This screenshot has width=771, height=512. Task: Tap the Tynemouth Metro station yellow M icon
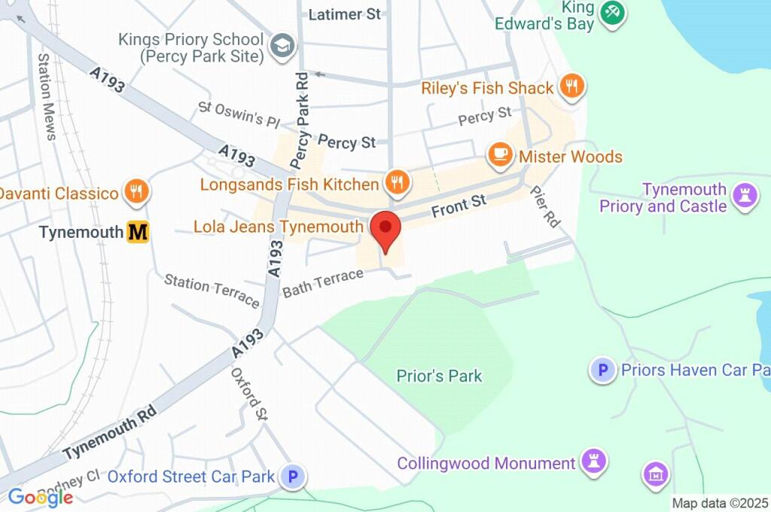(138, 233)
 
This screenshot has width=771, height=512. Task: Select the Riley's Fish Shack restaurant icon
(572, 87)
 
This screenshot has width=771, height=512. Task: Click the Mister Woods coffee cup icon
(498, 155)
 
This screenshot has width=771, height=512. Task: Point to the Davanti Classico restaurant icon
(136, 192)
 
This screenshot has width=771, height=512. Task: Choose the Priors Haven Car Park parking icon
(602, 369)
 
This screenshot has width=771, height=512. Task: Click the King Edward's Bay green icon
(612, 11)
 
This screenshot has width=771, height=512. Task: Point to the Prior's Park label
(439, 376)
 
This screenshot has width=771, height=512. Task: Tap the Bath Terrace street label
(323, 282)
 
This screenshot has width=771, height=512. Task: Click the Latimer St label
(346, 14)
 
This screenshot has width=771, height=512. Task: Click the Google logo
(40, 497)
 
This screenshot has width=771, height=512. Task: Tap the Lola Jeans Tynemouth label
(278, 227)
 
